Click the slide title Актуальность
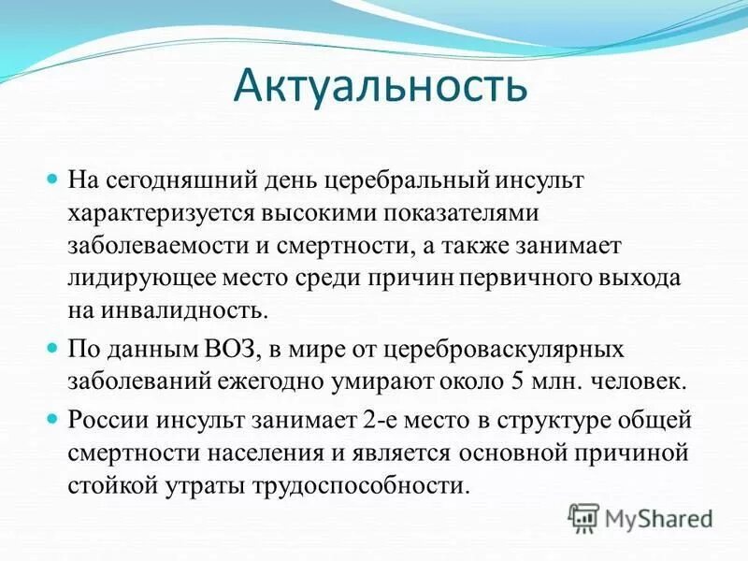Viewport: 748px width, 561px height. click(381, 87)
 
